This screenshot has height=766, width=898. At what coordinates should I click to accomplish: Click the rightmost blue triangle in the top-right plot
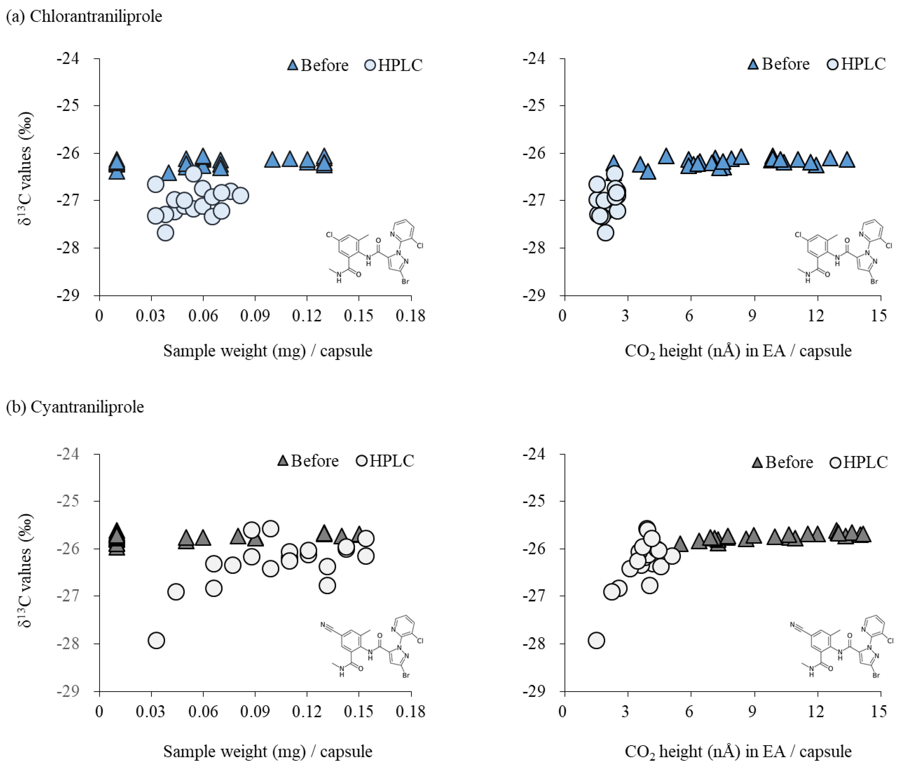click(847, 160)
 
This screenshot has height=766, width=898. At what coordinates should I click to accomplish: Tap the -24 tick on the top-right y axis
click(534, 58)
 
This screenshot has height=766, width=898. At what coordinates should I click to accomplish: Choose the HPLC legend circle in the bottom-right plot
click(835, 462)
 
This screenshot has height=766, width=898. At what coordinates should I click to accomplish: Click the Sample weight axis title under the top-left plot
click(267, 351)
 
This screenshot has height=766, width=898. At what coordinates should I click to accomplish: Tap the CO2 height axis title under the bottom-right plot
click(738, 751)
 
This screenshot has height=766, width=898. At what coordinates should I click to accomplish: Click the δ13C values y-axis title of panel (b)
click(25, 571)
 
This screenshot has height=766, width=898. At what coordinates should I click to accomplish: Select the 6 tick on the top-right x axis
click(689, 316)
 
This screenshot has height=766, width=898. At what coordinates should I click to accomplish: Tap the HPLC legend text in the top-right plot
click(863, 64)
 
